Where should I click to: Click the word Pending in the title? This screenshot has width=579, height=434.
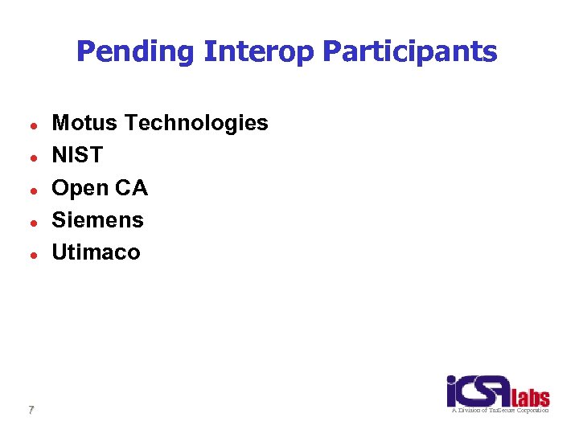[135, 52]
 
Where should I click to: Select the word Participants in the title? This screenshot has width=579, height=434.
[409, 52]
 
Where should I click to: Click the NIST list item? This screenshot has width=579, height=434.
[77, 155]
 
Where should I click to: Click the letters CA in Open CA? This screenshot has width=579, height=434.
[132, 187]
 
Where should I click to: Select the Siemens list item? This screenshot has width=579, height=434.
[97, 219]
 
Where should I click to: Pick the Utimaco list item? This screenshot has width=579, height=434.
[96, 252]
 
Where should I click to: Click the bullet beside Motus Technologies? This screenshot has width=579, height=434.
[30, 125]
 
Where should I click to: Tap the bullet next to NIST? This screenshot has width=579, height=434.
[30, 157]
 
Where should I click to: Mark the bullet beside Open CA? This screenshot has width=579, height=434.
[30, 189]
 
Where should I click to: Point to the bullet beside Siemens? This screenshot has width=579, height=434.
[30, 221]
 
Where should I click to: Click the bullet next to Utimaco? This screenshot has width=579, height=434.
[30, 253]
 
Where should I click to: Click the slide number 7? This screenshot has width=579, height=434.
[31, 410]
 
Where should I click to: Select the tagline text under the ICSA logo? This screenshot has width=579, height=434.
[499, 410]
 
